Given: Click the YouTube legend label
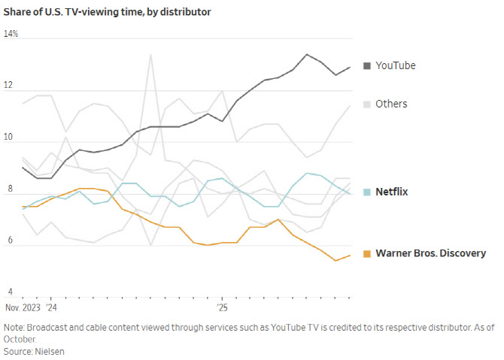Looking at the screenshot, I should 395,65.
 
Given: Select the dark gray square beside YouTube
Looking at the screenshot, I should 366,65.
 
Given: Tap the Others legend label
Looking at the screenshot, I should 391,104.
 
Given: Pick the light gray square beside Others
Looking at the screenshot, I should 366,104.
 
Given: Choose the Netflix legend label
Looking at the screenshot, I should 391,192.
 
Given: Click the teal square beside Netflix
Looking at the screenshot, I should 366,192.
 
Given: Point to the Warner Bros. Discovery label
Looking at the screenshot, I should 430,253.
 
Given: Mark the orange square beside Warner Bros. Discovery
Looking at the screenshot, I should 366,253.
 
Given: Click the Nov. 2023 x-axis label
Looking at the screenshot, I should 23,307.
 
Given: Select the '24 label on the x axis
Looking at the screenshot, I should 51,307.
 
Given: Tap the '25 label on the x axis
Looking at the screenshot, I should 222,307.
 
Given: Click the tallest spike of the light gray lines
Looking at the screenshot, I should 151,55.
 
